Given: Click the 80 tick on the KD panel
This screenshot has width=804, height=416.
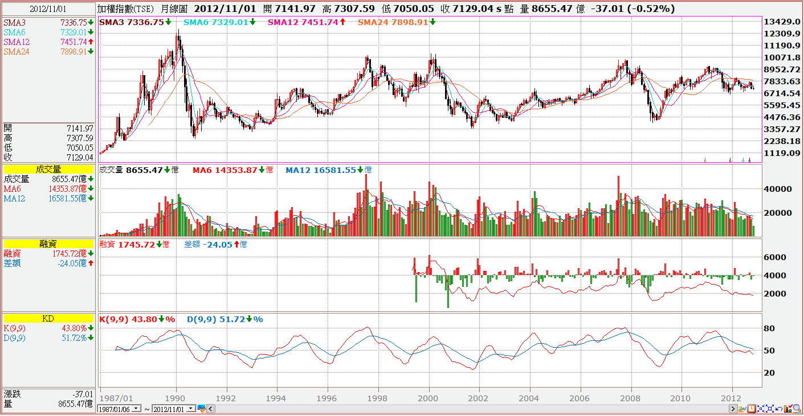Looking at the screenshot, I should click(769, 328).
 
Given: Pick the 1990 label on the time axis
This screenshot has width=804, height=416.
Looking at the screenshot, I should click(176, 398).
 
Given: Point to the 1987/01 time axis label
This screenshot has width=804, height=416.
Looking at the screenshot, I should click(117, 398).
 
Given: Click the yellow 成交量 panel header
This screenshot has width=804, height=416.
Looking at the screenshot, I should click(48, 169).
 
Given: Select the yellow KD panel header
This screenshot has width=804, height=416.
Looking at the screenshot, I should click(48, 319).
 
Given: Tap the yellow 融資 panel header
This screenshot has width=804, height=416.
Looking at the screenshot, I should click(48, 244).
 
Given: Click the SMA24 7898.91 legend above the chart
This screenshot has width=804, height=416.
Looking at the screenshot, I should click(396, 22).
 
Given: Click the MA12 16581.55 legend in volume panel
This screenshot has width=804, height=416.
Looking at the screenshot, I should click(328, 170).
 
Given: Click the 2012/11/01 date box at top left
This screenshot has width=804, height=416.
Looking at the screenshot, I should click(48, 9).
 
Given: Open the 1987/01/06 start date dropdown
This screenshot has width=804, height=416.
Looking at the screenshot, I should click(136, 409).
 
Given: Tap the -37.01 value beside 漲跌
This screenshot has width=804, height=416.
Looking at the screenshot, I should click(82, 394).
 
